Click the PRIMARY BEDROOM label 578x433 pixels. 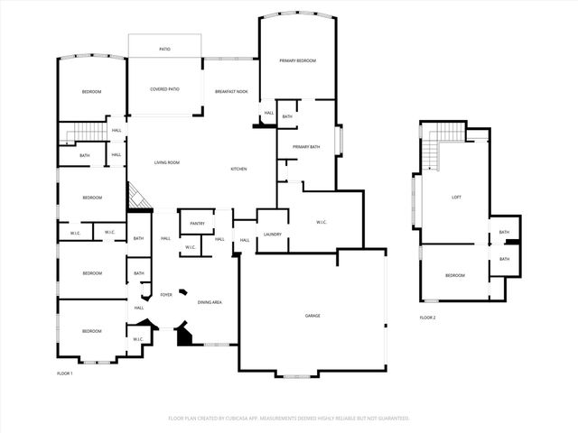tap(297, 60)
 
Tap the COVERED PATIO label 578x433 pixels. tap(164, 89)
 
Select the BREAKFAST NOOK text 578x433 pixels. tap(231, 92)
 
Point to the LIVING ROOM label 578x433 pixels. tap(167, 162)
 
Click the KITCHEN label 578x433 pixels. tap(239, 170)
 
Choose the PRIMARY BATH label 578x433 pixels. tap(306, 147)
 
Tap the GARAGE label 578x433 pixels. tap(312, 316)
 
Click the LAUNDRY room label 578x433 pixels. tap(272, 235)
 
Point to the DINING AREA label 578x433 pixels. tap(210, 302)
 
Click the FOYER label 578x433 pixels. tap(166, 295)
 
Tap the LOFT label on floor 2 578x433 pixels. tap(457, 198)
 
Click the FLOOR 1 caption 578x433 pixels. tap(65, 373)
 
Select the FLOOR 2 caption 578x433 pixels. tap(428, 318)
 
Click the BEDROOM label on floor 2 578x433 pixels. tap(455, 275)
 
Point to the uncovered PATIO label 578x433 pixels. tap(165, 49)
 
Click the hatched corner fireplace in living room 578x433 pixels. tap(135, 195)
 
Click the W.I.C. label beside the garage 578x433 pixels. tap(322, 223)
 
